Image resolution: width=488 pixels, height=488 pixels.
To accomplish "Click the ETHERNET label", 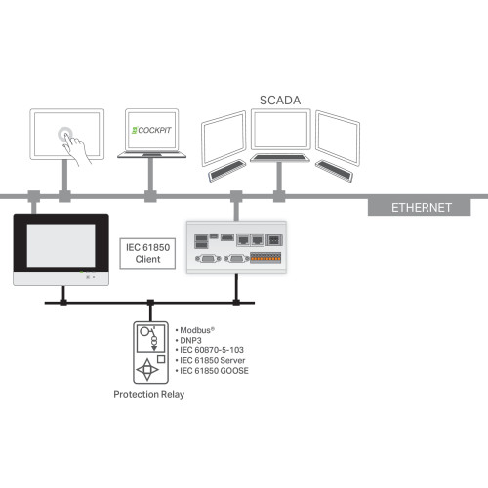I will (x=422, y=207).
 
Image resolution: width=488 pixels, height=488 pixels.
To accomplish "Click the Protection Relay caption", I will (x=148, y=394).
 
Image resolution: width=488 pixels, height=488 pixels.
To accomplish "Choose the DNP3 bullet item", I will (x=193, y=340).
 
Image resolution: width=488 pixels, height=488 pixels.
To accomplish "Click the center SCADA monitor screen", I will (x=280, y=130).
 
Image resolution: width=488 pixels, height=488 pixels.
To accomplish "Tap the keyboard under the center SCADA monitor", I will (x=280, y=158).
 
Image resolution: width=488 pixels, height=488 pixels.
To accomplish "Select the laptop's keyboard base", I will (x=150, y=155).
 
